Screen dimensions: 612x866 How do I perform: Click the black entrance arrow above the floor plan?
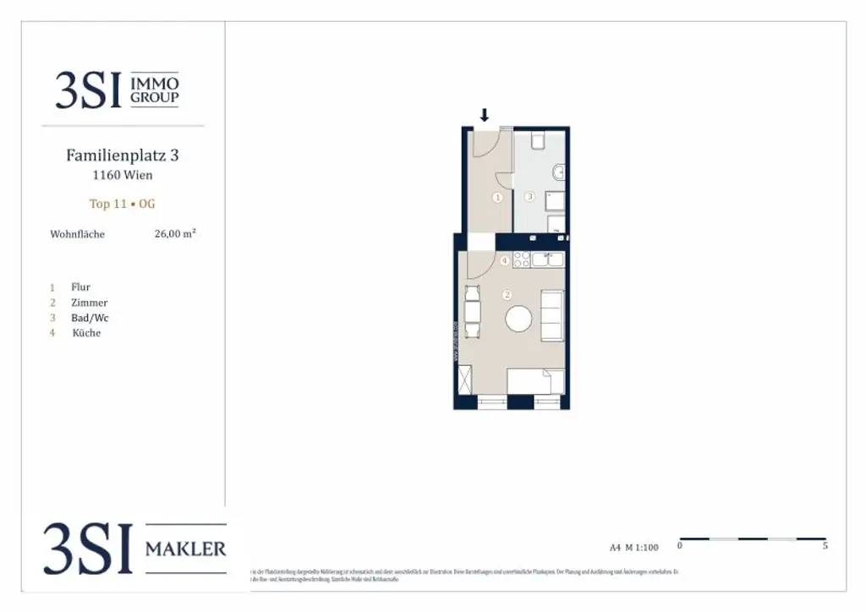click(485, 115)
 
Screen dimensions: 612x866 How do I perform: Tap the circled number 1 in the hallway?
click(497, 197)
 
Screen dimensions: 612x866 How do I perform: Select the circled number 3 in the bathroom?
click(530, 197)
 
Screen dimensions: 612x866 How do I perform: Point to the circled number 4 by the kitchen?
click(505, 261)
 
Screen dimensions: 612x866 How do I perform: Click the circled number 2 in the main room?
click(507, 295)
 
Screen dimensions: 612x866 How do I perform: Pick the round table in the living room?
click(518, 319)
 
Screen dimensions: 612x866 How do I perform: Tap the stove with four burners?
click(523, 259)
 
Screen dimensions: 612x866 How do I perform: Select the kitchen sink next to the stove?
click(552, 259)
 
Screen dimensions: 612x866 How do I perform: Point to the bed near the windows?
click(535, 381)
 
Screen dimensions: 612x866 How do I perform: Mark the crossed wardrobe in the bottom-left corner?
click(464, 380)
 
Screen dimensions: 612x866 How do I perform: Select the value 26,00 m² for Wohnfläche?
click(175, 234)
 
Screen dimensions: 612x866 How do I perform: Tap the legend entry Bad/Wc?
click(90, 318)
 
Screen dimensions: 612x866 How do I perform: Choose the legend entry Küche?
click(86, 333)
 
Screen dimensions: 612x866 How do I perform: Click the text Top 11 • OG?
click(123, 204)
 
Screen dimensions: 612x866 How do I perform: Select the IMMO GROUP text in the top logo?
click(154, 90)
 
